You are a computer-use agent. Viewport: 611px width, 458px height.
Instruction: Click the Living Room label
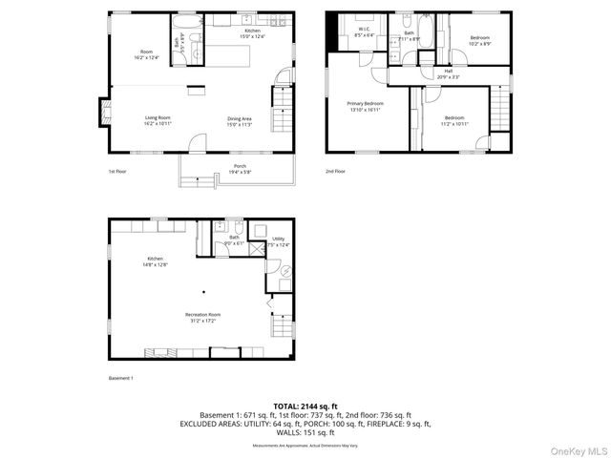tap(157, 120)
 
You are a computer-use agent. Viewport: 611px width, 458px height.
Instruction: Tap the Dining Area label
tap(239, 120)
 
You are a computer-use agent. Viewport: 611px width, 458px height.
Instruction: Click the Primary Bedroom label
tap(366, 106)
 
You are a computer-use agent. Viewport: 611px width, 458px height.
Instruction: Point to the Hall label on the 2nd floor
tap(449, 73)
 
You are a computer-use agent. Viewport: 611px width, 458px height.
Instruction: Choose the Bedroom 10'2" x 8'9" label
tap(479, 40)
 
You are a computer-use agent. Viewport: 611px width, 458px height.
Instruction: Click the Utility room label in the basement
tap(278, 242)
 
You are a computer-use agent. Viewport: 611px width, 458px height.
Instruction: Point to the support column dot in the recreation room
tap(202, 292)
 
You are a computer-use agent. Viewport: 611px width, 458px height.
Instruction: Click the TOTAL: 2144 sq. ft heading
tap(305, 406)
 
